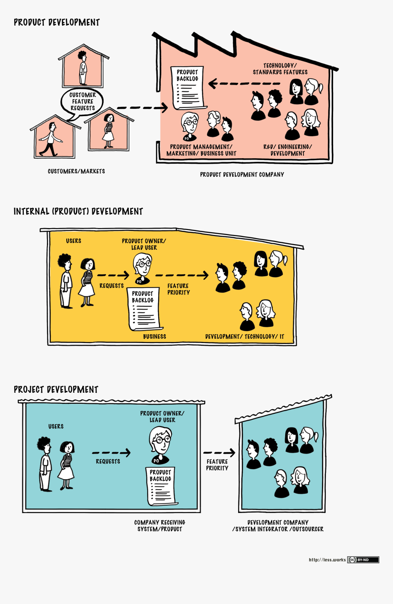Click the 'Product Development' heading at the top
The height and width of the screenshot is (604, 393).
(x=57, y=22)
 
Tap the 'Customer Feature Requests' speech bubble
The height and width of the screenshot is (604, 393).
(x=82, y=102)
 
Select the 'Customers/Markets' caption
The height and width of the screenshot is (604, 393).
(x=76, y=171)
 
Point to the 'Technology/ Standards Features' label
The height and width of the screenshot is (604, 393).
(x=280, y=69)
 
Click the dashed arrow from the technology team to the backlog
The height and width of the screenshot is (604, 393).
(x=244, y=84)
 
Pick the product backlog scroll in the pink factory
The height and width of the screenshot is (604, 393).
(x=187, y=88)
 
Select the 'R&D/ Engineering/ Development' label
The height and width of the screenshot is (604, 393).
(x=287, y=150)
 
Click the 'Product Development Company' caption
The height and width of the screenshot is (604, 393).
(x=242, y=174)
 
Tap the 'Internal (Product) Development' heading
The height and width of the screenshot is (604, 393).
(x=78, y=211)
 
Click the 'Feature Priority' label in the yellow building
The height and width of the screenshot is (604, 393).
(x=178, y=289)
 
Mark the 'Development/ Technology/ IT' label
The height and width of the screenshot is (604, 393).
(x=244, y=337)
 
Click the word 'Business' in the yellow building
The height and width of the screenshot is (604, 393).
(x=154, y=337)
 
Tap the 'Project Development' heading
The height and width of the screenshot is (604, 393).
(x=56, y=390)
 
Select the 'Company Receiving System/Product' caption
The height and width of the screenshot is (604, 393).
(x=159, y=526)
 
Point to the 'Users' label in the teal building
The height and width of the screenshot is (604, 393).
(x=56, y=426)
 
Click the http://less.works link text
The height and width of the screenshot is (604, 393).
(x=327, y=560)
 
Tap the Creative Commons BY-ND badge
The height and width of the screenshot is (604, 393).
(x=363, y=560)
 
